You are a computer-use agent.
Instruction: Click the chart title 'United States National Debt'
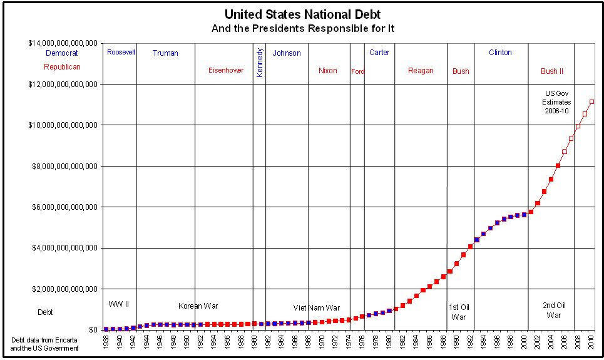click(302, 14)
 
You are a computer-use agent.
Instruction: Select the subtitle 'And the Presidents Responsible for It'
click(302, 28)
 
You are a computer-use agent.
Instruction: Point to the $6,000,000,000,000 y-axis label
click(64, 207)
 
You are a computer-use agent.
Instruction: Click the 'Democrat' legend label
click(61, 53)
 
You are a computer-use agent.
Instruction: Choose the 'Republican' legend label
click(62, 67)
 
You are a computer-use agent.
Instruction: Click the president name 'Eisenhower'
click(225, 70)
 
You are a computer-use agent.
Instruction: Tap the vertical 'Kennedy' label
click(260, 62)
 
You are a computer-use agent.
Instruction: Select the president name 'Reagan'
click(421, 71)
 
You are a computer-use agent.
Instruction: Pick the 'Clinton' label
click(500, 53)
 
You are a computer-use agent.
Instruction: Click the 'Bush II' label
click(552, 71)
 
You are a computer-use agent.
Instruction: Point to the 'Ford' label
click(357, 71)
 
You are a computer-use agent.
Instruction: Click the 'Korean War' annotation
click(198, 306)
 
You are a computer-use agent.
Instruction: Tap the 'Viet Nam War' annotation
click(317, 308)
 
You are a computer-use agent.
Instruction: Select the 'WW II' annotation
click(118, 304)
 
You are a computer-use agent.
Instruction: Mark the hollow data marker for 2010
click(591, 101)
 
